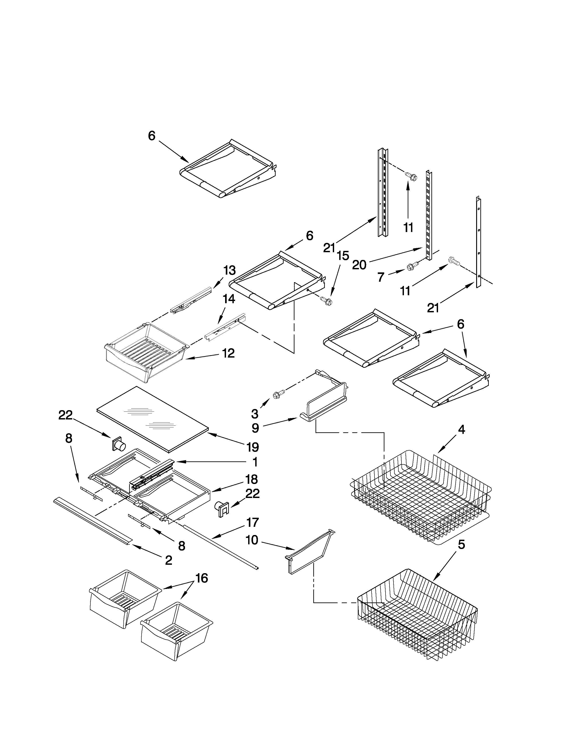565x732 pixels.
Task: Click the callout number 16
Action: [201, 578]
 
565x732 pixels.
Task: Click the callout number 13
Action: [229, 270]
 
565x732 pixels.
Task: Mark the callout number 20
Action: [359, 265]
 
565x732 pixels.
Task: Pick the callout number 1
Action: [255, 462]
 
